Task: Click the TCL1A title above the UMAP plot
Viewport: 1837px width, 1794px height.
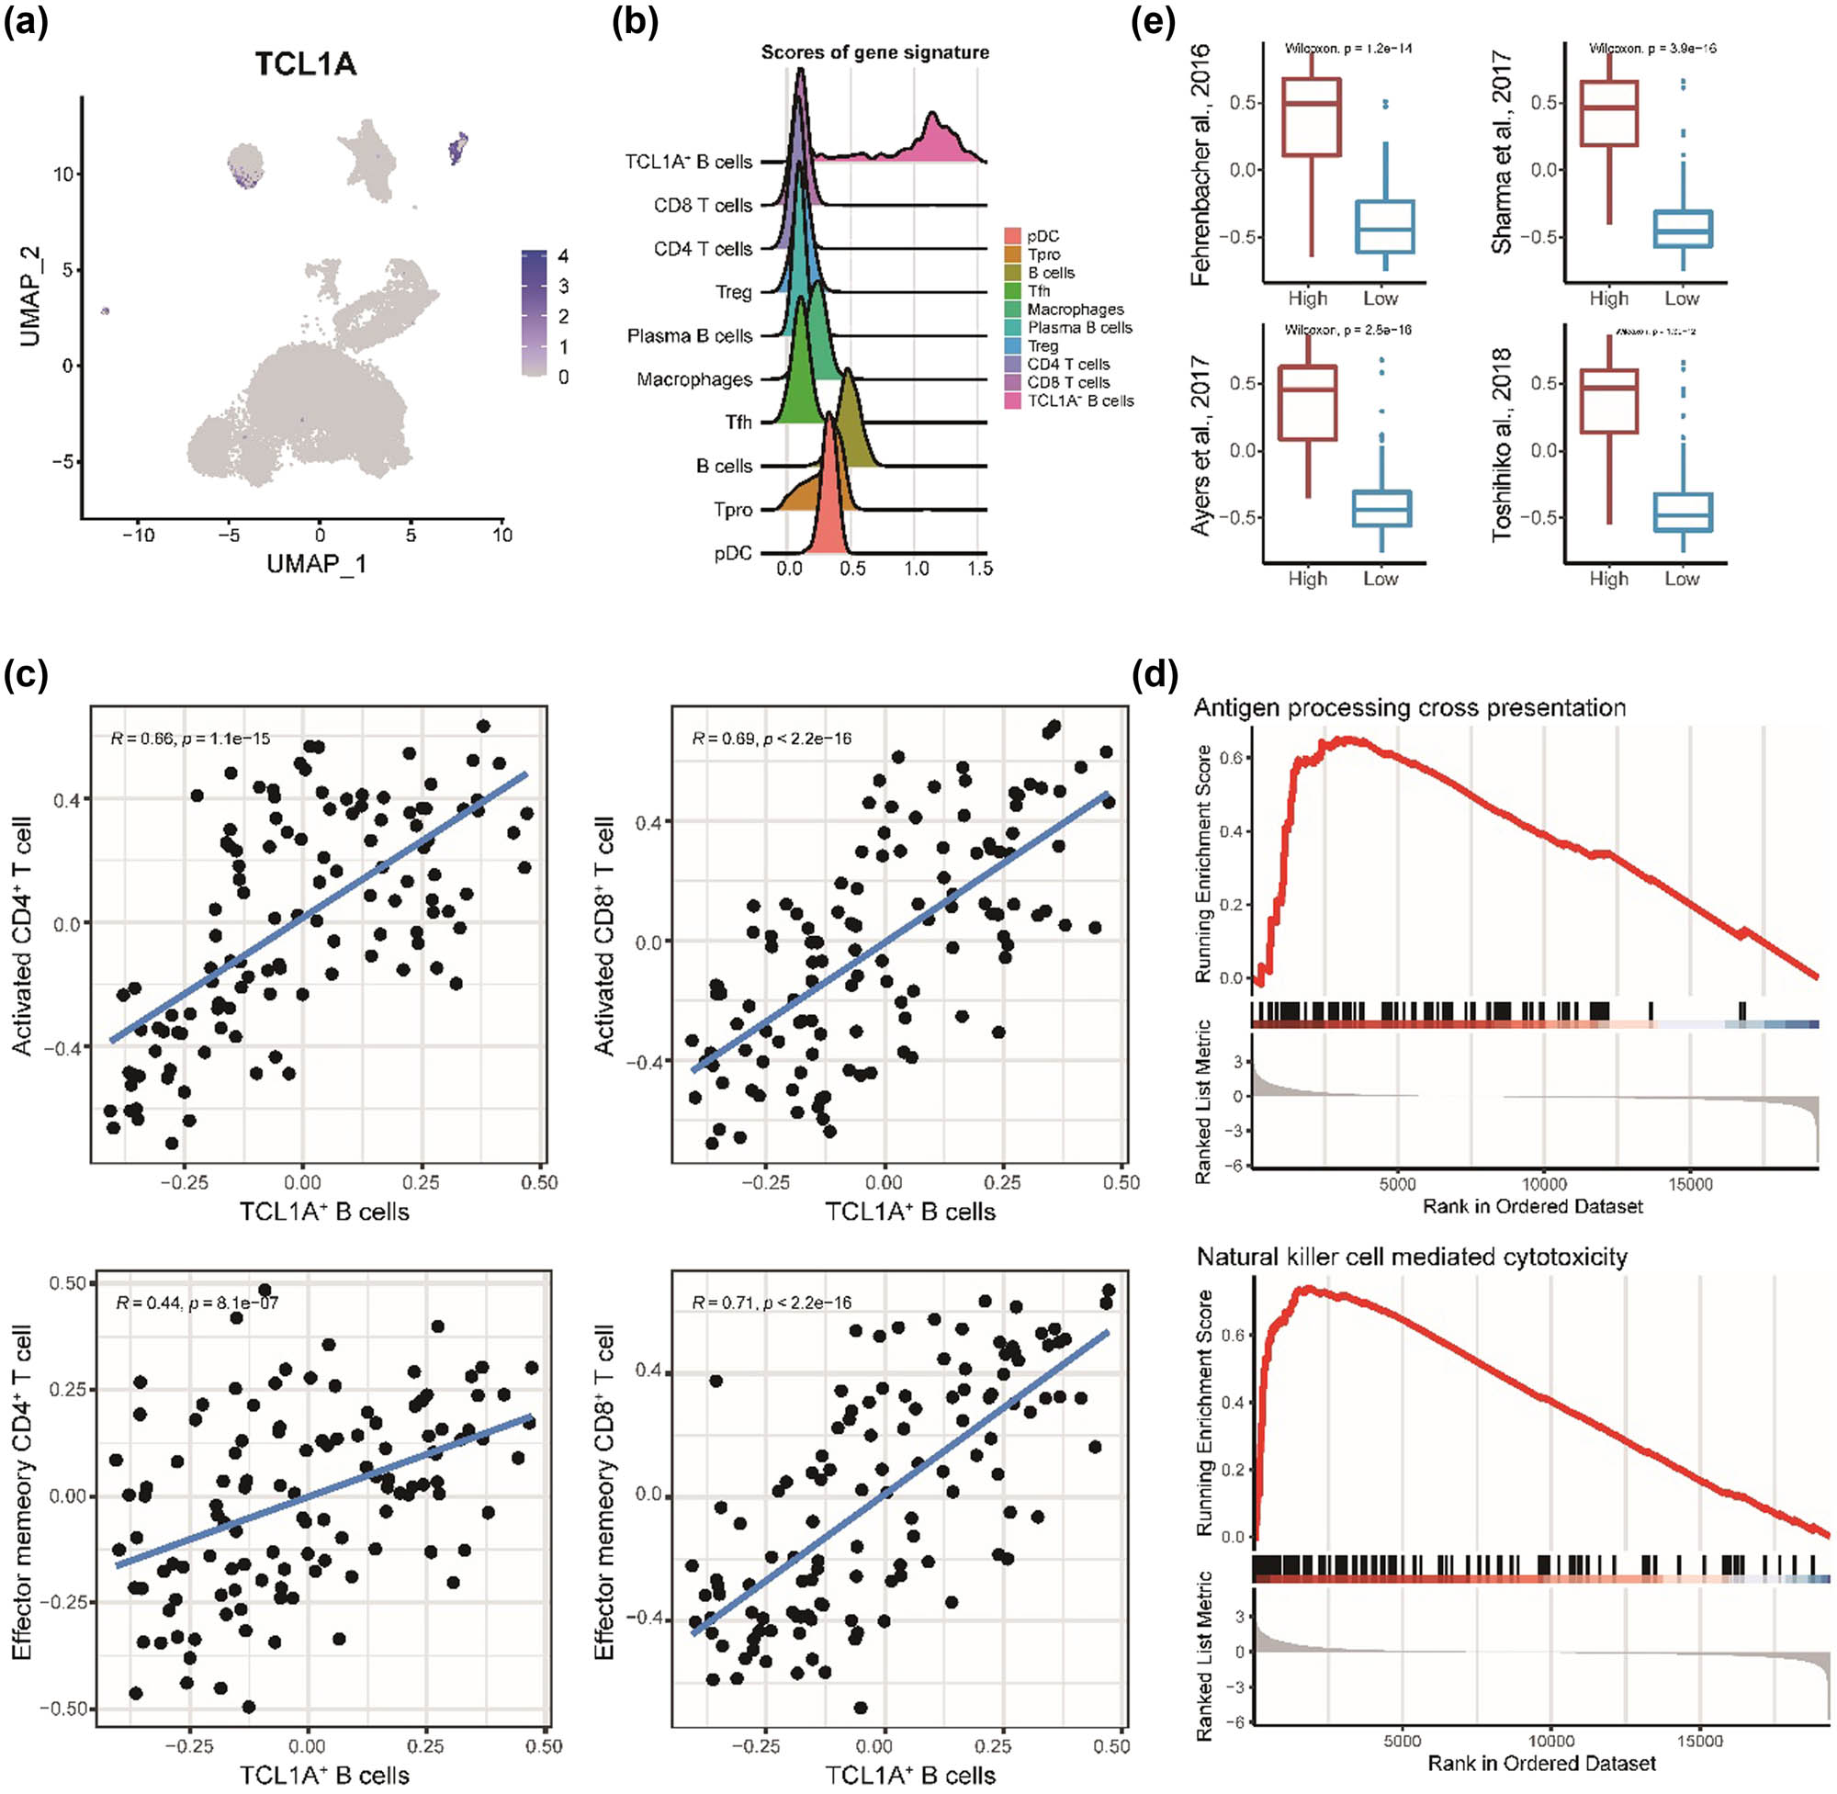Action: [305, 63]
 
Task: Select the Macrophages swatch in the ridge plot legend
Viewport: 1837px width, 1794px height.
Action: [1014, 309]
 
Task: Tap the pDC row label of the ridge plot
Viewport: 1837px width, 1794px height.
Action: [733, 553]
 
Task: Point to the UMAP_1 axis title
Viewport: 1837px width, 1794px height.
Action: [317, 564]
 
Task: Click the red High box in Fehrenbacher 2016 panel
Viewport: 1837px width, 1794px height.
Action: [1311, 116]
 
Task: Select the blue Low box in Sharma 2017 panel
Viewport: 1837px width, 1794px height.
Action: [1683, 228]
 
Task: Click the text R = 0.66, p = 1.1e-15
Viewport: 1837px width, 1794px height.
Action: [190, 738]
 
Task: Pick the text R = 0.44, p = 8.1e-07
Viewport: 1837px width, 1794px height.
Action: [197, 1303]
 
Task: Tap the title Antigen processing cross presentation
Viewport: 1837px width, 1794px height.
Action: [1409, 707]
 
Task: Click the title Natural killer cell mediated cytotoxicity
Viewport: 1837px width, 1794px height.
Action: [1411, 1257]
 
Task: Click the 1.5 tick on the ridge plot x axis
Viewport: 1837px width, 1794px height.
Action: [980, 569]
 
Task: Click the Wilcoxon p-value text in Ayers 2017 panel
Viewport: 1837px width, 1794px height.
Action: [1348, 330]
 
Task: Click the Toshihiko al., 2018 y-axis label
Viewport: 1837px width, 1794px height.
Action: [1501, 443]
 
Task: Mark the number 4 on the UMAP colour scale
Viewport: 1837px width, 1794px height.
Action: [562, 256]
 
